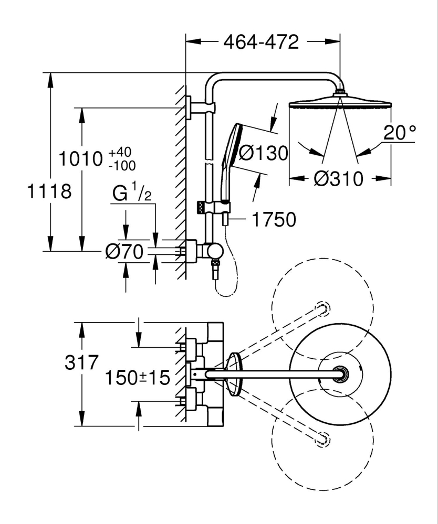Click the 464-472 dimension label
click(x=261, y=41)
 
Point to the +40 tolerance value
click(x=120, y=152)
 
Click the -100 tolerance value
click(x=121, y=165)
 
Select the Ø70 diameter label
click(x=124, y=253)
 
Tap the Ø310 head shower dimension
click(x=338, y=179)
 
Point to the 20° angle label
click(x=399, y=132)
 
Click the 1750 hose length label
click(x=273, y=219)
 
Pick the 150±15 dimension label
click(x=138, y=377)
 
